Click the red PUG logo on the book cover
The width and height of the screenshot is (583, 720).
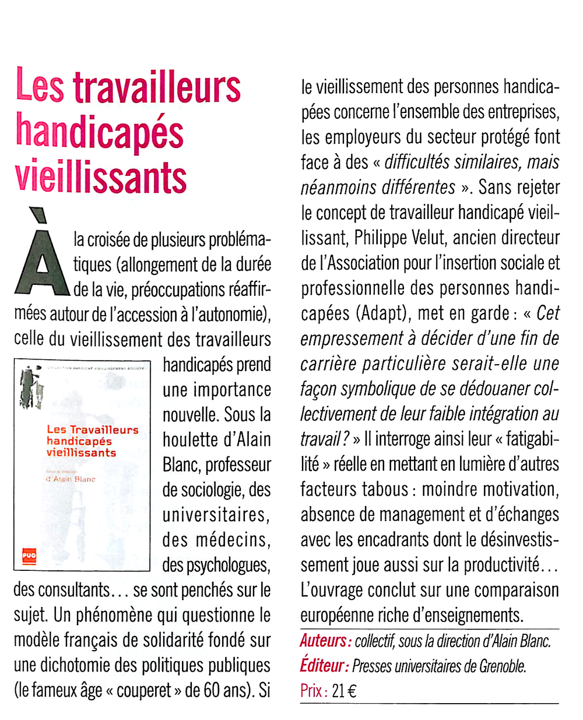(x=29, y=556)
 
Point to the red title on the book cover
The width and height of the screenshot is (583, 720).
(x=92, y=441)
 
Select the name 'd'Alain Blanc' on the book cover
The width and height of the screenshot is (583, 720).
(x=71, y=479)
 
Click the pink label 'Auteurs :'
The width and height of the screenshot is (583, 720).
(x=325, y=641)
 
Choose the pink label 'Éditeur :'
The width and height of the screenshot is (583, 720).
(x=324, y=666)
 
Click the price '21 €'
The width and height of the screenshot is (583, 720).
(x=344, y=691)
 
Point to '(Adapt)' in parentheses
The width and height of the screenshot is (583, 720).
(x=381, y=313)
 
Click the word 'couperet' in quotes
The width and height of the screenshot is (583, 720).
(x=144, y=691)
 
